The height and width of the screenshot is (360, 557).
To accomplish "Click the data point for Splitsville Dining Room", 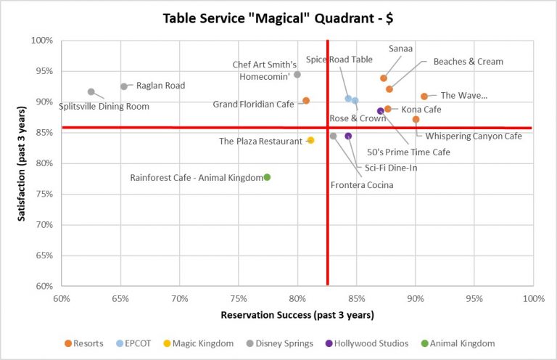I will coord(91,92).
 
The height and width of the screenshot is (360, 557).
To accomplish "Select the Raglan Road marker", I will coord(124,86).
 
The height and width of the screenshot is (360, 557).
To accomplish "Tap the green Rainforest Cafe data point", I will coord(267,177).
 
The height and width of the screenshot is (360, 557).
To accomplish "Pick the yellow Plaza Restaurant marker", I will coord(310,140).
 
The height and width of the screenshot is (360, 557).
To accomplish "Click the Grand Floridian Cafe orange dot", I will coord(306,101).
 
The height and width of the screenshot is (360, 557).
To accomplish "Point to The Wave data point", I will coord(424,97).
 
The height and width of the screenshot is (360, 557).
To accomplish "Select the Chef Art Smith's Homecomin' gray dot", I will coord(297,75).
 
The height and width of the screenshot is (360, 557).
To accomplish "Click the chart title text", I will coord(278,16).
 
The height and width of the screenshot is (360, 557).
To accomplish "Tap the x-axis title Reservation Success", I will coord(297,314).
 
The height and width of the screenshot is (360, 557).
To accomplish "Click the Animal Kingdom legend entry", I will coord(462,343).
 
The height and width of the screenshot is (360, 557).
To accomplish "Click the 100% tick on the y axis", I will coord(42,41).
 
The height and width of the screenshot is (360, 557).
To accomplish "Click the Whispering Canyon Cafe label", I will coord(474,136).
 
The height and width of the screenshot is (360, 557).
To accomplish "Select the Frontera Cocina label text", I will coord(362,185).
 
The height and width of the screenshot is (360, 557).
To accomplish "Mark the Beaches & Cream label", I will coord(468,62).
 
